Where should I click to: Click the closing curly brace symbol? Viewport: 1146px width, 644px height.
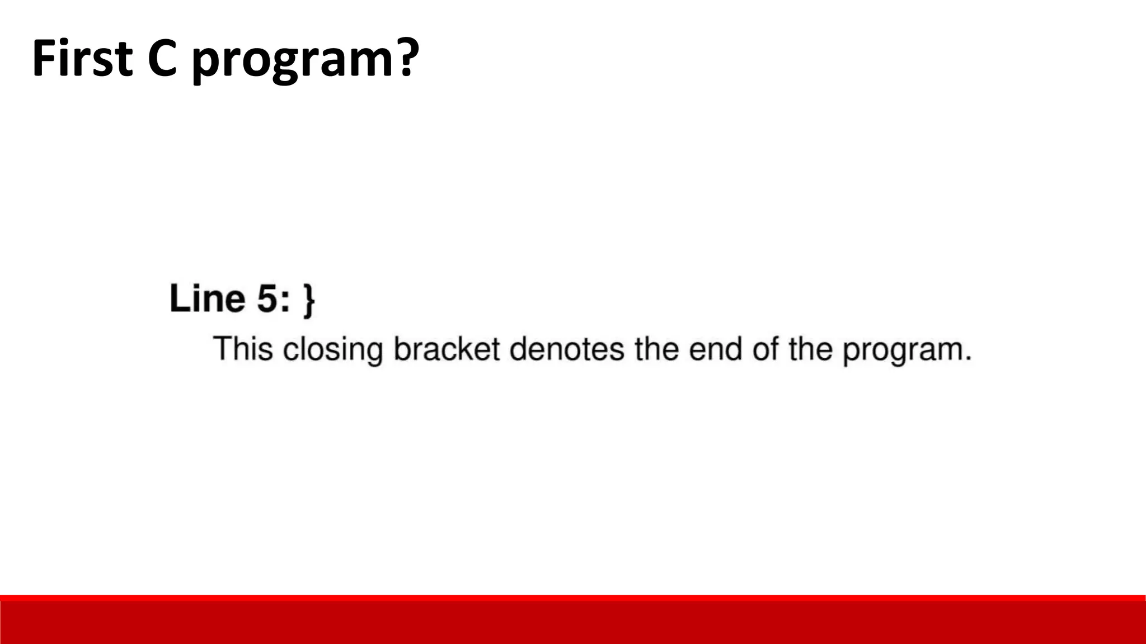coord(309,301)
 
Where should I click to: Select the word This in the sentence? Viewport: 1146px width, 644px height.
coord(243,349)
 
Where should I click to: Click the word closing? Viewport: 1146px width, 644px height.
coord(333,350)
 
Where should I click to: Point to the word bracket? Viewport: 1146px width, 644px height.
coord(446,349)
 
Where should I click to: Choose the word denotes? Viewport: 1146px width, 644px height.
coord(566,349)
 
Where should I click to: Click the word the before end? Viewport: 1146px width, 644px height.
coord(656,349)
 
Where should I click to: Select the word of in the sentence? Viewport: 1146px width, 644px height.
coord(765,349)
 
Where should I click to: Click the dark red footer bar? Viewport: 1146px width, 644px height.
coord(573,622)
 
